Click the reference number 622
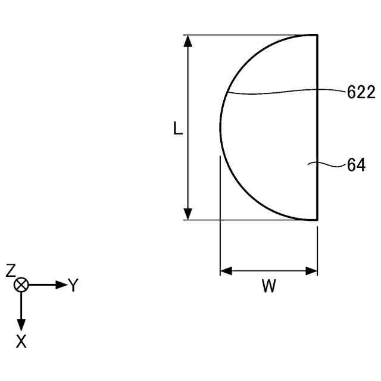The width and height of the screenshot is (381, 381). pyautogui.click(x=361, y=92)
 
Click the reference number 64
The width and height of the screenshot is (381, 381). pyautogui.click(x=356, y=165)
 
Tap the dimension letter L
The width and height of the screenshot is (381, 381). pyautogui.click(x=178, y=129)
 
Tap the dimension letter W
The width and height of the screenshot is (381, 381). pyautogui.click(x=269, y=286)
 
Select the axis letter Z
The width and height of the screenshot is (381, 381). pyautogui.click(x=11, y=270)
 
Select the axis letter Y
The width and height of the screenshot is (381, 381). pyautogui.click(x=73, y=285)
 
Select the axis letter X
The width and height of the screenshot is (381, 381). pyautogui.click(x=21, y=341)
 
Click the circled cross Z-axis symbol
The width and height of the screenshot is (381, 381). pyautogui.click(x=21, y=285)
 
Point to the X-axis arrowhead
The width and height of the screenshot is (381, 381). pyautogui.click(x=21, y=325)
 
